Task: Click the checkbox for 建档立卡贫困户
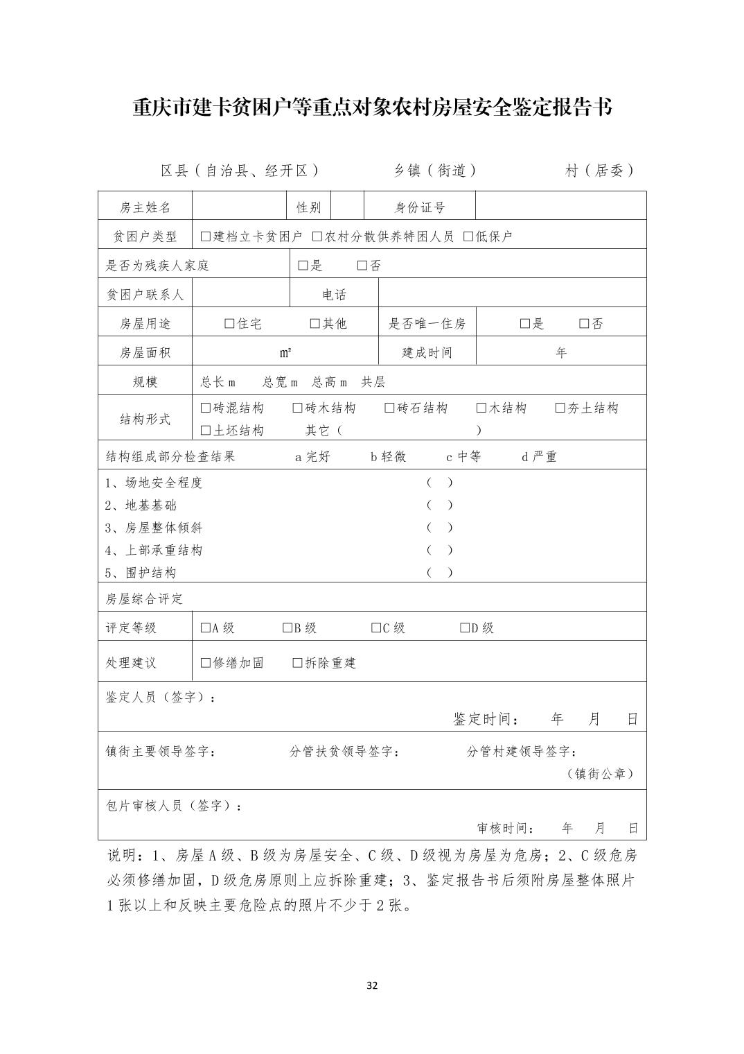point(206,236)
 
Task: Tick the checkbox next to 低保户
point(468,236)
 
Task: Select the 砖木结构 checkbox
point(298,408)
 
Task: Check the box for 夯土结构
point(560,408)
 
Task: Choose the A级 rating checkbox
point(206,628)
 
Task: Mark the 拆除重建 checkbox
point(298,663)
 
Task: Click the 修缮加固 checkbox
point(206,663)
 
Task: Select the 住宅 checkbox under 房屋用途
point(230,324)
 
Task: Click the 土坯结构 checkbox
point(206,431)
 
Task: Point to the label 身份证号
point(420,207)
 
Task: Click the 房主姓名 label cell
point(145,207)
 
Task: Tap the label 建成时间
point(427,353)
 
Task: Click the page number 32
point(372,985)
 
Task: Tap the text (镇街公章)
point(600,773)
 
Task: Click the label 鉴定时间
point(485,719)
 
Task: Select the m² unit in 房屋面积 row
point(285,353)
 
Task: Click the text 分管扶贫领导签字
point(344,752)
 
